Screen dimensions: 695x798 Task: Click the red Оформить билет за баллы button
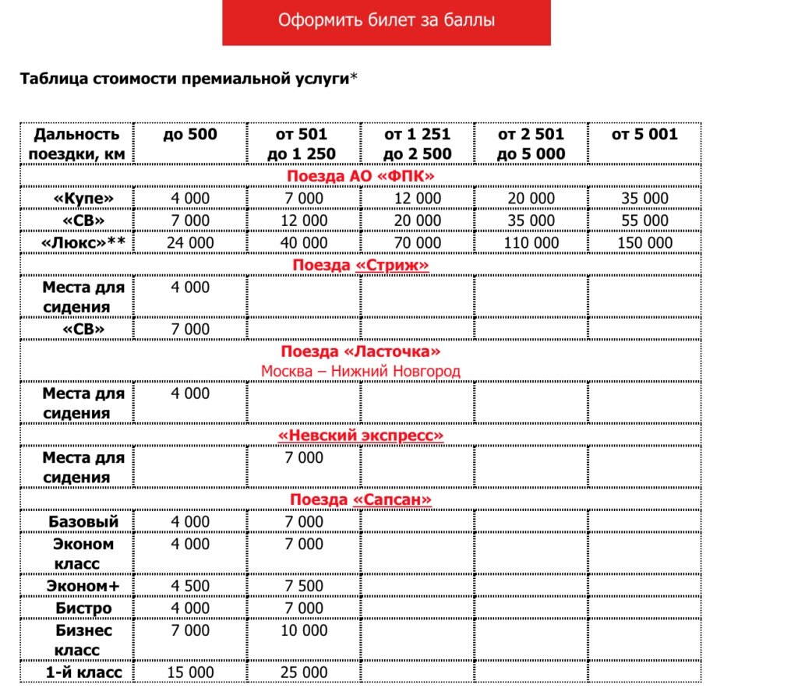click(386, 21)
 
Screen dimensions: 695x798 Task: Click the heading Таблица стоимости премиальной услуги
click(184, 79)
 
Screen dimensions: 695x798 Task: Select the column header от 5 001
click(644, 135)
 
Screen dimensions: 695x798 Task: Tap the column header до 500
click(190, 135)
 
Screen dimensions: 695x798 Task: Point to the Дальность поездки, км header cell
click(76, 144)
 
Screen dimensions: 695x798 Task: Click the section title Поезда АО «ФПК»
click(360, 176)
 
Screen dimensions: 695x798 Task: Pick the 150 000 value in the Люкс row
click(644, 243)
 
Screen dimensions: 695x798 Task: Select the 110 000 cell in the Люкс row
click(531, 243)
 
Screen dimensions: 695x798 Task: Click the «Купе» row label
click(83, 199)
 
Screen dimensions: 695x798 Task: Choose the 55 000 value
click(644, 220)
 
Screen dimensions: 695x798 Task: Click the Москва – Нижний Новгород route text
click(360, 372)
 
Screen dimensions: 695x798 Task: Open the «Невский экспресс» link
click(360, 435)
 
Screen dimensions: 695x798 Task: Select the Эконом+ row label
click(83, 586)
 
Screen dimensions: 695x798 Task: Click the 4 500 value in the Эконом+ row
click(190, 586)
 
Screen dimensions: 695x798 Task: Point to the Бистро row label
click(83, 608)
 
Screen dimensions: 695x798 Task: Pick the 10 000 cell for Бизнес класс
click(304, 630)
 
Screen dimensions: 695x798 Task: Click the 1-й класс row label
click(83, 672)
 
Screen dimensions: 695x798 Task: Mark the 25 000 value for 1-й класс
click(304, 672)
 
